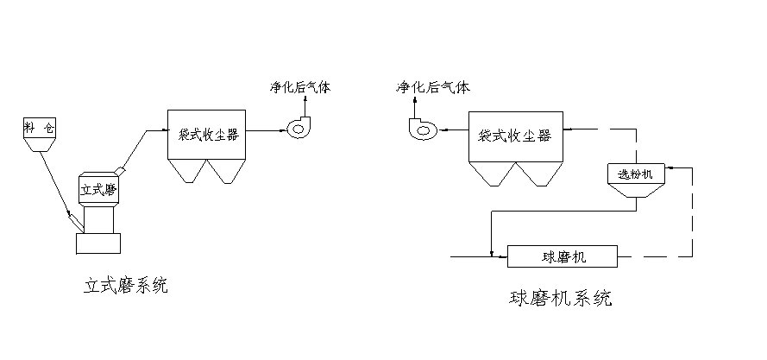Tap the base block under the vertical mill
coord(97,243)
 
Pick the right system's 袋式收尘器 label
coord(512,136)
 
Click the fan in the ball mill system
coord(422,129)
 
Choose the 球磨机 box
coord(563,256)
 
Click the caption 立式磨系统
coord(125,285)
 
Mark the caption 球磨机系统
coord(561,299)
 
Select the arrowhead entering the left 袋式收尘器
coord(163,130)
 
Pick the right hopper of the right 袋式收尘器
coord(532,174)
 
